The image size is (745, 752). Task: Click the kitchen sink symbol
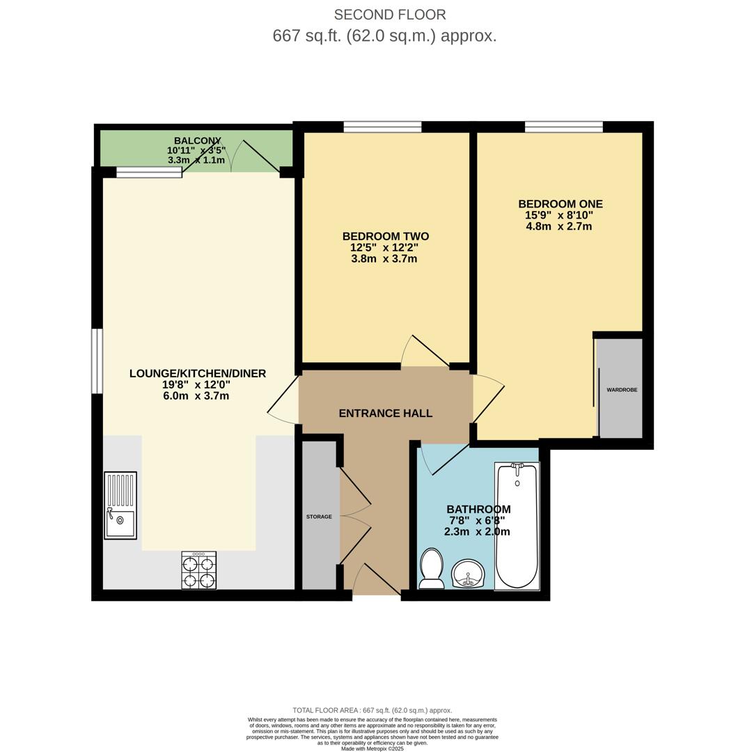click(120, 506)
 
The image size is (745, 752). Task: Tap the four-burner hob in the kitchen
click(198, 570)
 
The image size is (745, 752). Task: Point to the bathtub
click(517, 526)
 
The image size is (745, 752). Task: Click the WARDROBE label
click(622, 390)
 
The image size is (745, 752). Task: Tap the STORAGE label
click(319, 517)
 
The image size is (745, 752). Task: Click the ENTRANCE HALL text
click(385, 414)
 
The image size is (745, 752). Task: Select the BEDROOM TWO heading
click(385, 237)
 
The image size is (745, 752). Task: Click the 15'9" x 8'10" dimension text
click(559, 216)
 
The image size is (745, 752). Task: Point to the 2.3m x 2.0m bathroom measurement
click(477, 532)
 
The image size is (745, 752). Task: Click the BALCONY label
click(197, 141)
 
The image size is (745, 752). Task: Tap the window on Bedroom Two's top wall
click(382, 127)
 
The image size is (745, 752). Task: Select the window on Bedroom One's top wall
click(563, 127)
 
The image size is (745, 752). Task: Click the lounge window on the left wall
click(97, 361)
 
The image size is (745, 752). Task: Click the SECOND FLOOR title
click(390, 15)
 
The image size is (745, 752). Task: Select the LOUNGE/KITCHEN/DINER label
click(198, 374)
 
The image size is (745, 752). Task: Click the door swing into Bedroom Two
click(425, 352)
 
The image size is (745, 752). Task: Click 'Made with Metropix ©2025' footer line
click(372, 749)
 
